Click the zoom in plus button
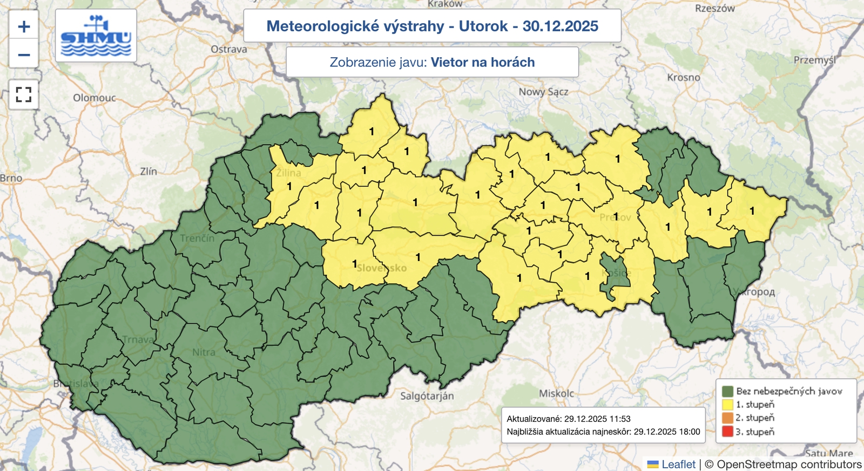24,26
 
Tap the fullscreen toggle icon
24,94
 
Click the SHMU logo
96,36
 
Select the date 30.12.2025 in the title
560,26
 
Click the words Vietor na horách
482,62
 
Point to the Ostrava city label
229,49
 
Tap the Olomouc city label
94,98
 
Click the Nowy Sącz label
543,92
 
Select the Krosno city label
683,77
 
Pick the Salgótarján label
427,396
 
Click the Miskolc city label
556,393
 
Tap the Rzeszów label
714,9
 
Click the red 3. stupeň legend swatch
727,432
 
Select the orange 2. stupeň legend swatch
727,418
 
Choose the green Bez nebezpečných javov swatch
727,391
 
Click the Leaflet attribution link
678,464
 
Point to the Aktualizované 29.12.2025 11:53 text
568,419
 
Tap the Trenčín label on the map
197,238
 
